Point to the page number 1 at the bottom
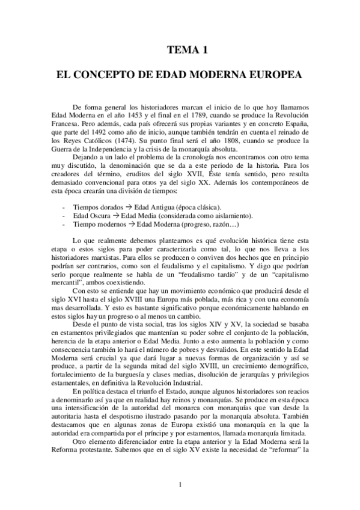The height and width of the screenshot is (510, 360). coord(180,485)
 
